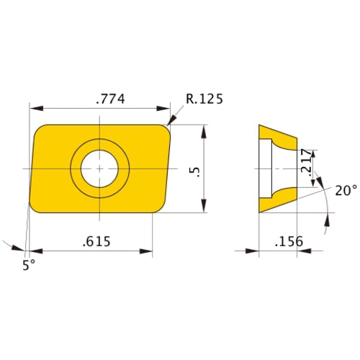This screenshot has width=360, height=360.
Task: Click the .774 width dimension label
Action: coord(110,99)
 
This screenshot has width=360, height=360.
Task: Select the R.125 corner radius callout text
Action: coord(204,99)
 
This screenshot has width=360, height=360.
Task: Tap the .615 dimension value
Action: coord(96,241)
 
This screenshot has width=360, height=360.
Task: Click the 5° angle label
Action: coord(29,265)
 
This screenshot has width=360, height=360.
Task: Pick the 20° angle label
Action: coord(346,191)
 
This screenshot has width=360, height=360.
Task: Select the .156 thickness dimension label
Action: coord(289,241)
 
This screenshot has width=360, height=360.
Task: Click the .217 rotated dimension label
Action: coord(306,161)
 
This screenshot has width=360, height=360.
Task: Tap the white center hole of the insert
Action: coord(99,168)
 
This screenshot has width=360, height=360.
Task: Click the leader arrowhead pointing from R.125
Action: coord(171,120)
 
